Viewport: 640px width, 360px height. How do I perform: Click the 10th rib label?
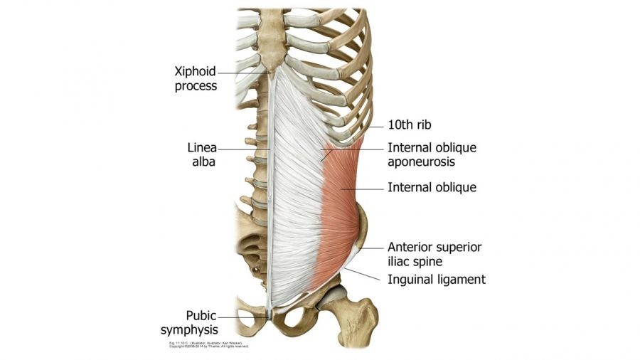click(410, 125)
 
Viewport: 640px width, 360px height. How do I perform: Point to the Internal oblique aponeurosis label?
click(432, 155)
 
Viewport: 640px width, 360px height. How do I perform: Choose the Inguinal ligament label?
click(436, 280)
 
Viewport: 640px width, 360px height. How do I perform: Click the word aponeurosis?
click(421, 162)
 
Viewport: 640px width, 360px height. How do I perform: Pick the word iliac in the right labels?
click(400, 260)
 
